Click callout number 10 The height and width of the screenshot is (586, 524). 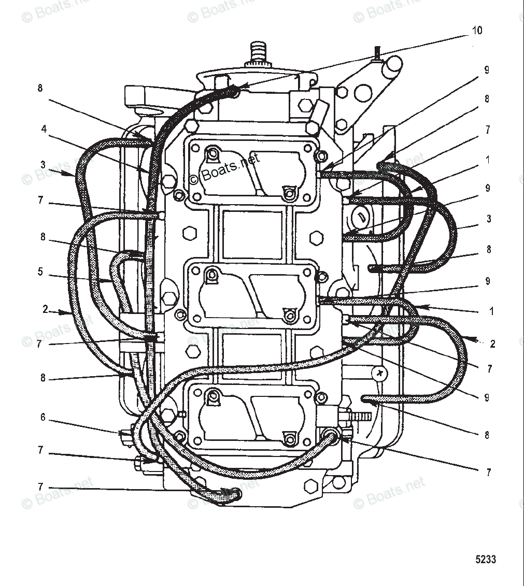[477, 31]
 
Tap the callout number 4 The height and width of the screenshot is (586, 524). [45, 128]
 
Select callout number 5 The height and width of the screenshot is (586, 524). [40, 271]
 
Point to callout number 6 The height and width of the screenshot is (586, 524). [44, 417]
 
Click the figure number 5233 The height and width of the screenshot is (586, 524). [486, 559]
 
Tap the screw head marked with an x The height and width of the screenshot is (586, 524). [381, 373]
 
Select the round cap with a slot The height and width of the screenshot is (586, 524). [361, 218]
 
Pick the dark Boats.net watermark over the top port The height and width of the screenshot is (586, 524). [224, 169]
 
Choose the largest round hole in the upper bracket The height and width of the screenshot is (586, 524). [362, 93]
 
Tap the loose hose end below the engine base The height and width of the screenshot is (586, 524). [228, 496]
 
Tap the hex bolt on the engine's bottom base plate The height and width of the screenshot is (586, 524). [310, 486]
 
